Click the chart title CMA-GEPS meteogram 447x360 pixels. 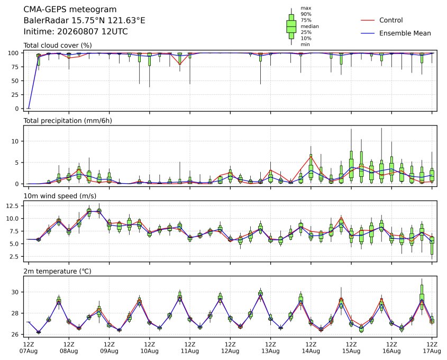coord(70,10)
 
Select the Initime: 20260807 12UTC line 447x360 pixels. coord(76,31)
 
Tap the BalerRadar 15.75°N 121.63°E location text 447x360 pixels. coord(84,21)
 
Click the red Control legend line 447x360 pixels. coord(368,20)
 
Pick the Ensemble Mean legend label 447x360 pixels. coord(405,33)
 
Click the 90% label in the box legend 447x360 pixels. coord(306,14)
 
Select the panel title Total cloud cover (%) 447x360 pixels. coord(58,46)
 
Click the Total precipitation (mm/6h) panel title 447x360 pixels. coord(68,121)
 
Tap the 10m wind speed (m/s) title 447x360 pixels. coord(60,196)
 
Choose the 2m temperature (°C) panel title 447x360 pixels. coord(57,271)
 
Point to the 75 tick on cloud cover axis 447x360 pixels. coord(16,67)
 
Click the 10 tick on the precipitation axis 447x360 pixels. coord(16,141)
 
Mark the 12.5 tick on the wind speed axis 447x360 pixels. coord(13,205)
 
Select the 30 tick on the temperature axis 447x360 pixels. coord(16,292)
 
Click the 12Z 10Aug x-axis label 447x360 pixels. coord(149,348)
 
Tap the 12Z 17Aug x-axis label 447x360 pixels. coord(432,348)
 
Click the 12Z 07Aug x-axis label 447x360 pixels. coord(29,348)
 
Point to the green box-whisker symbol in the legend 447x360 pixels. coord(291,26)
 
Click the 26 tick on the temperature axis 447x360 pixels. coord(16,335)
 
